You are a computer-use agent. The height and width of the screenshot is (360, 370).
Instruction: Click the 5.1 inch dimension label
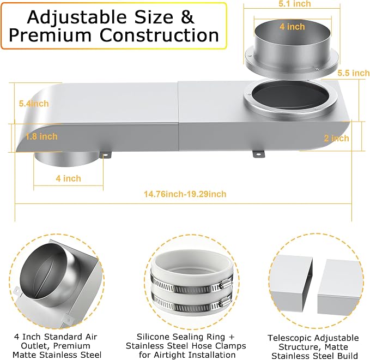(x=294, y=3)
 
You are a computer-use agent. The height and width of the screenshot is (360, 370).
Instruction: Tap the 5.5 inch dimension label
(x=353, y=73)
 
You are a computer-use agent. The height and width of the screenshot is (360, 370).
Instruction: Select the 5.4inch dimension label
(x=34, y=104)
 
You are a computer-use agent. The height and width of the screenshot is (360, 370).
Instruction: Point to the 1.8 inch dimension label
(x=41, y=136)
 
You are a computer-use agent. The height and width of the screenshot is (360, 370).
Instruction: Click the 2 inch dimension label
(x=336, y=138)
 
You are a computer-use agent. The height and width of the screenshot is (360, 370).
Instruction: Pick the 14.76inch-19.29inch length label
(x=185, y=194)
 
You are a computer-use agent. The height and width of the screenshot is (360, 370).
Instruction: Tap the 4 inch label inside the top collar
(x=292, y=27)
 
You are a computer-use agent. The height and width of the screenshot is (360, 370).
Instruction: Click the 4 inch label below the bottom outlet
(x=68, y=178)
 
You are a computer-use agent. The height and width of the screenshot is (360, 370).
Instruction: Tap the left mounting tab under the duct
(x=105, y=155)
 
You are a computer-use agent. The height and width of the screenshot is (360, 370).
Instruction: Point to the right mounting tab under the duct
(x=259, y=154)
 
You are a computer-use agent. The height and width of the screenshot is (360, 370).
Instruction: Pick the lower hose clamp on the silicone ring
(x=192, y=303)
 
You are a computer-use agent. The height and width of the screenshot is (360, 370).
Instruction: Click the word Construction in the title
(x=159, y=35)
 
